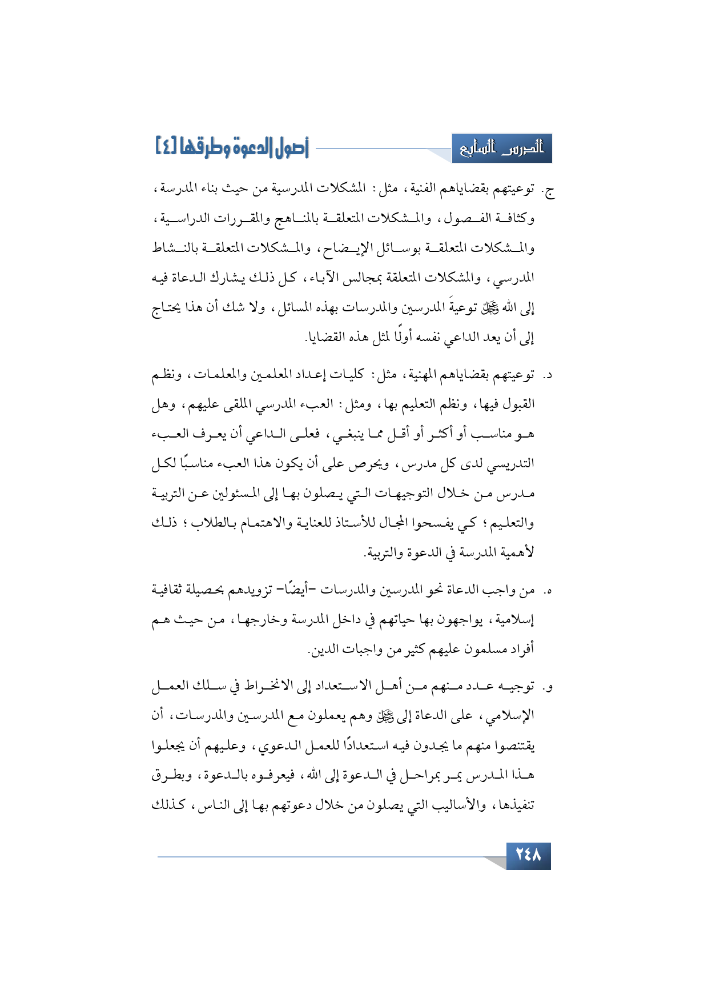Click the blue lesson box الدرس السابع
point(502,149)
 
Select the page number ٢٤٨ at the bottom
point(528,855)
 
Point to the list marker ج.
point(549,191)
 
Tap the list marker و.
point(549,687)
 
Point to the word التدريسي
point(511,464)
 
